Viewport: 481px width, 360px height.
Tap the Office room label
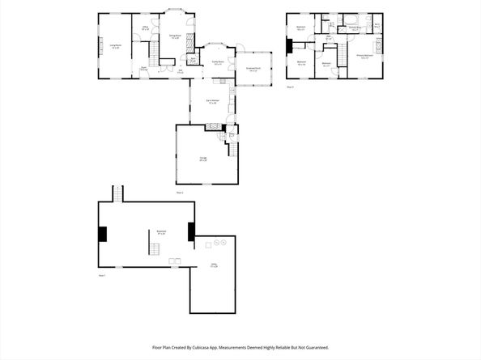146,30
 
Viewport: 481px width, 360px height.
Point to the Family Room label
217,64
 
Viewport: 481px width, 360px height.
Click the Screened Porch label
253,70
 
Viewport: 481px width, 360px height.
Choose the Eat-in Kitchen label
212,103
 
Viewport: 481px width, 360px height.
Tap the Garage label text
203,159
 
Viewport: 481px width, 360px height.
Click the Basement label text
161,232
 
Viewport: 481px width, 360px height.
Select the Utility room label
214,265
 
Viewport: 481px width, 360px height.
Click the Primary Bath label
355,29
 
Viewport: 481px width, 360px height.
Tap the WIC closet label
377,25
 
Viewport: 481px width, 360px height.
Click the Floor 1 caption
103,276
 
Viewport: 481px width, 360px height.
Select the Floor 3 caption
292,85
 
